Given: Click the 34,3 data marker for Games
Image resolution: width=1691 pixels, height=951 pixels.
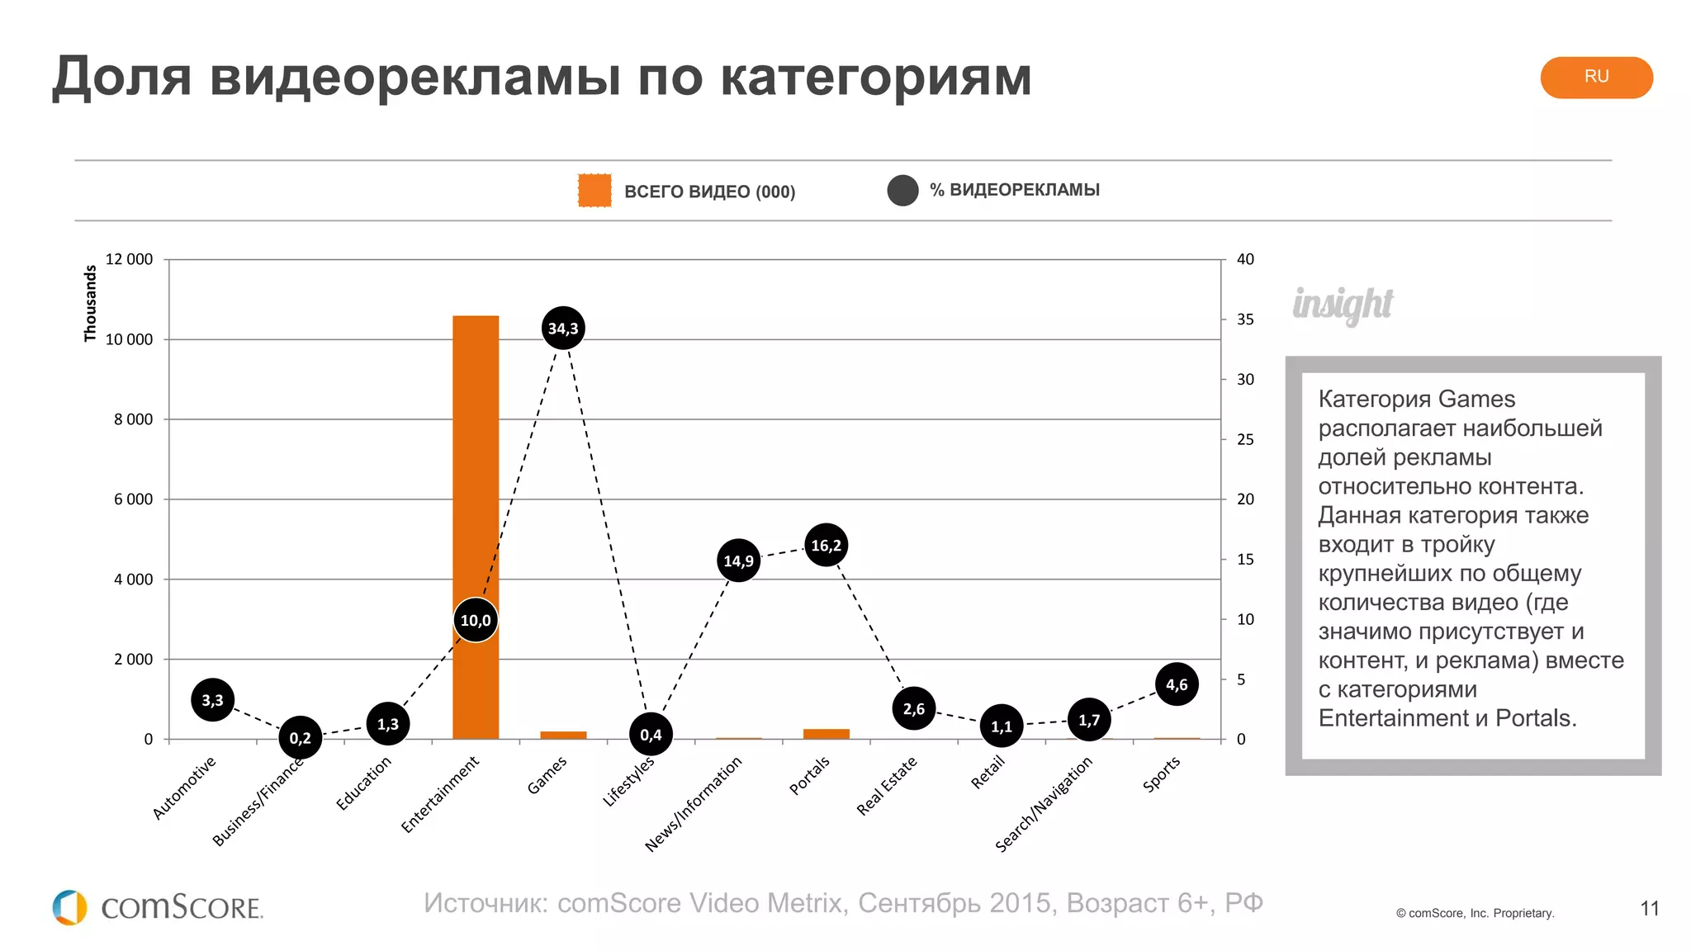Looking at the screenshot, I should [x=563, y=328].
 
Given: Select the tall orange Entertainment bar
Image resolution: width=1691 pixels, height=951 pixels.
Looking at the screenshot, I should [x=476, y=462].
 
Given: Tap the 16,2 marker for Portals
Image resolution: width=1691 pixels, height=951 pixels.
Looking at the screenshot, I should [x=826, y=545].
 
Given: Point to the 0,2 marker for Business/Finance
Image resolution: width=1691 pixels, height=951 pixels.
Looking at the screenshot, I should [x=300, y=737].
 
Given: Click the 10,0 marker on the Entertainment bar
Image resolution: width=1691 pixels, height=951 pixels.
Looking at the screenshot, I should [x=476, y=620].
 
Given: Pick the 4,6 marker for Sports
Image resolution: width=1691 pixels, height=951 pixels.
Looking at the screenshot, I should [x=1177, y=684].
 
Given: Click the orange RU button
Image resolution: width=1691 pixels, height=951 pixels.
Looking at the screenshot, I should [x=1596, y=77].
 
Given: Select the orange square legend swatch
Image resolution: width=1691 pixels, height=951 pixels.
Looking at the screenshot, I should [x=594, y=191].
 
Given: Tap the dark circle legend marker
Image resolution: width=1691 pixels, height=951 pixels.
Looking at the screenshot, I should [x=902, y=191].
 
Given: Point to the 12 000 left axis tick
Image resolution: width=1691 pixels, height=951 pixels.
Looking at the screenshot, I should [x=129, y=259].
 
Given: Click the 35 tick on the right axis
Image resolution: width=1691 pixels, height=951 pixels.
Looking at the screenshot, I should [x=1244, y=319].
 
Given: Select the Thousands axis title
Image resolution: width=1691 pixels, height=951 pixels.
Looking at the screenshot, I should [x=90, y=303].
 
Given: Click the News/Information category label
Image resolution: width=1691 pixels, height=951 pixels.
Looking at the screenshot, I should [x=694, y=804].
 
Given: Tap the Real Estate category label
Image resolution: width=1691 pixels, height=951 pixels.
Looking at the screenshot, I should [x=887, y=786].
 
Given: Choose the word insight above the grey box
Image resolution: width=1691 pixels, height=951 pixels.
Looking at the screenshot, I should [x=1343, y=304].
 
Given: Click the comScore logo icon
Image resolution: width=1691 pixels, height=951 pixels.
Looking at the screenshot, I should [x=70, y=907].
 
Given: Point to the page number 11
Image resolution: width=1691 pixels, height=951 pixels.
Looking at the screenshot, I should [x=1649, y=909].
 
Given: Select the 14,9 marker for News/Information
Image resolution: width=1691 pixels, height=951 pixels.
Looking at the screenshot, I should [x=738, y=561].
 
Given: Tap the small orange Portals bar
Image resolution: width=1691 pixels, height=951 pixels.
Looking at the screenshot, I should [x=826, y=733].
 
